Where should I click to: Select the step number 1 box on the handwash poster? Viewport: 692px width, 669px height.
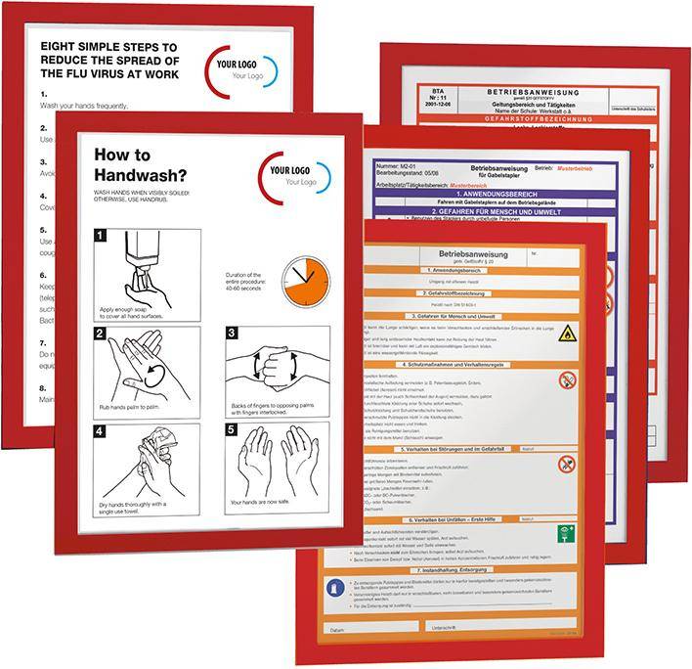click(100, 236)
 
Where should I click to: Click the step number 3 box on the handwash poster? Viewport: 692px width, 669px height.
click(232, 334)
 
